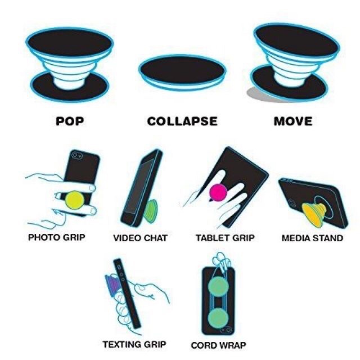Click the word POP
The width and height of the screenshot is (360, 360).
70,121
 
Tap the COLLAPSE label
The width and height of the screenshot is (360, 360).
182,121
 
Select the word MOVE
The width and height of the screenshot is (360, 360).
293,121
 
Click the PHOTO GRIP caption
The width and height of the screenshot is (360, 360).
56,237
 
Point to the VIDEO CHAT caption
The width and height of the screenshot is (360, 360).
140,238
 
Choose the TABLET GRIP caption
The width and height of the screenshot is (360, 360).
225,238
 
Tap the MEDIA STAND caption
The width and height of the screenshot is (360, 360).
312,238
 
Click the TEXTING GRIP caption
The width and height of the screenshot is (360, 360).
134,344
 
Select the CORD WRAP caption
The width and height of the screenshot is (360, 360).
218,345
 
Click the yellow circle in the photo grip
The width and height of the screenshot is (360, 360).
74,200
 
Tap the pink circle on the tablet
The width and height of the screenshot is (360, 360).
218,192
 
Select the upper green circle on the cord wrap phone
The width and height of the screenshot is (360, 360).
218,287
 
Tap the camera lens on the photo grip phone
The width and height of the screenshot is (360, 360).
76,155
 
